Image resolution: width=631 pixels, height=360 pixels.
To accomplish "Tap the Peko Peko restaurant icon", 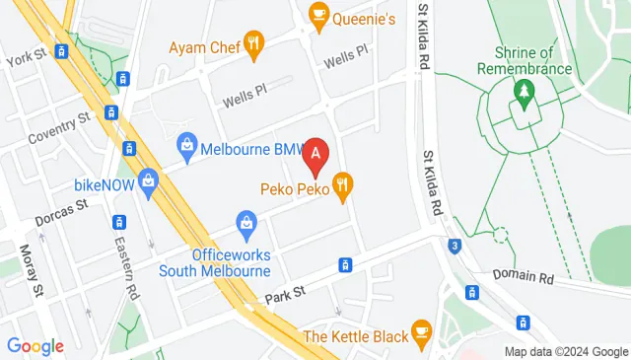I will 343,183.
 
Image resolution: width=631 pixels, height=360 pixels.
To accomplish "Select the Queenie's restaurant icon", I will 318,14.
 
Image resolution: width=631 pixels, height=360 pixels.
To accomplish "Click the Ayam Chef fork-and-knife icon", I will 254,42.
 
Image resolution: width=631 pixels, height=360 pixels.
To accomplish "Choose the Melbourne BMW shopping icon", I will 186,147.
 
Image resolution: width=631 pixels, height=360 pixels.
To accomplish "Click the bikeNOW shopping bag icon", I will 148,180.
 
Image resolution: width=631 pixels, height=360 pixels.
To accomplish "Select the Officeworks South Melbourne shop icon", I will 245,225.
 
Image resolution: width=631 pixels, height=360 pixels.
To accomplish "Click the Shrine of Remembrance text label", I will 524,60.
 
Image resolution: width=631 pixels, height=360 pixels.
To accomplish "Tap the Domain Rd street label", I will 526,279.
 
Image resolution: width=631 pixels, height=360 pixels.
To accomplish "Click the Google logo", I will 35,346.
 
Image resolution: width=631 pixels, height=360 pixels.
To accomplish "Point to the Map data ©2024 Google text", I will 565,352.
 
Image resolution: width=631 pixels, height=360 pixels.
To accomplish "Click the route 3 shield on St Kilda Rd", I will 453,245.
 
